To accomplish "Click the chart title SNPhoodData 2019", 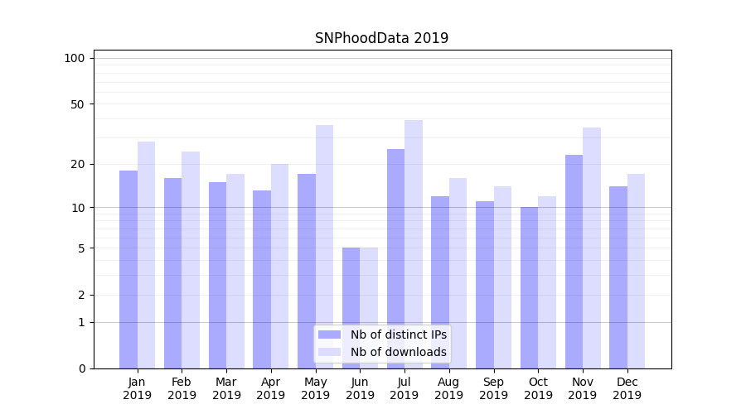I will (x=381, y=38).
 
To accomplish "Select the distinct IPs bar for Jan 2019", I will (x=128, y=269).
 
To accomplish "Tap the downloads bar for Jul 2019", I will (x=414, y=244).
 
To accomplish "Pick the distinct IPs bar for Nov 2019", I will (x=574, y=262).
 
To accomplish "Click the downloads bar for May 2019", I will (x=324, y=247).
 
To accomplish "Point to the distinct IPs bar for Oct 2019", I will (x=529, y=287).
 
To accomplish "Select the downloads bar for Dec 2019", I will (x=636, y=271).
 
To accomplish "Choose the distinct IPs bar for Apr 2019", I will (x=262, y=279).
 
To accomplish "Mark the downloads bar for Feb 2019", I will (x=191, y=260).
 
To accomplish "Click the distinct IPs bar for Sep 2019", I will (x=485, y=285).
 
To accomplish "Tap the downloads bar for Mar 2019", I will (x=235, y=271).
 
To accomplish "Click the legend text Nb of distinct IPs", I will (x=399, y=335).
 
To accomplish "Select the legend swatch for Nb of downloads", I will (x=330, y=352).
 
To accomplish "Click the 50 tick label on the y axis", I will (x=77, y=104).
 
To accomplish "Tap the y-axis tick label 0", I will (x=81, y=368).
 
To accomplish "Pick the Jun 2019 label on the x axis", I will (x=360, y=388).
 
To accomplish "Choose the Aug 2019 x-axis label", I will (x=449, y=388).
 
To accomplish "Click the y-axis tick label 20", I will (x=77, y=164).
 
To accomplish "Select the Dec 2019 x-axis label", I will (x=627, y=388).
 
